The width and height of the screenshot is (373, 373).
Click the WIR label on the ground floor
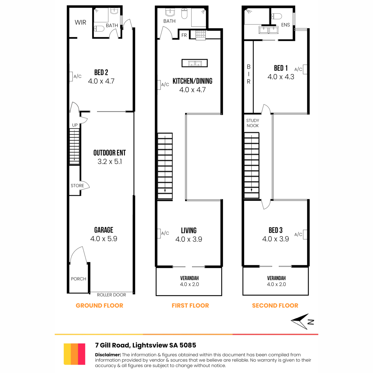(80, 22)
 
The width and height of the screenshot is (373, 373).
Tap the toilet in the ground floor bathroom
(99, 29)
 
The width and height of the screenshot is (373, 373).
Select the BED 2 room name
(101, 72)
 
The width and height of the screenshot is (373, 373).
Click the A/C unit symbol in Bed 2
(71, 76)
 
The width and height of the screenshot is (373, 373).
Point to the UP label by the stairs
(75, 125)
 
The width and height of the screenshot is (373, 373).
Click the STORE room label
(77, 186)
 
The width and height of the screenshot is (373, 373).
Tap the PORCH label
(78, 279)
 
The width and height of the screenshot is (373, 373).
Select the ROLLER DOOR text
(111, 295)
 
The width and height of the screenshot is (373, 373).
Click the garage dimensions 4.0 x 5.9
(104, 239)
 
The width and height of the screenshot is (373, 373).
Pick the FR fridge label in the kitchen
(184, 35)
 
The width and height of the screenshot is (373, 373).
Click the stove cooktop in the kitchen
(201, 35)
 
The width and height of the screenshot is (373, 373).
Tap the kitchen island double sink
(195, 63)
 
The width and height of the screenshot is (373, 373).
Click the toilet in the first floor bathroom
(184, 13)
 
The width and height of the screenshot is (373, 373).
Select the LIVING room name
(189, 231)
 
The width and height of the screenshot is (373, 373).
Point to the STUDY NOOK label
(253, 123)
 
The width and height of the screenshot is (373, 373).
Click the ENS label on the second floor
(286, 25)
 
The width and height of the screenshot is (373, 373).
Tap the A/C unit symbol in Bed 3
(305, 234)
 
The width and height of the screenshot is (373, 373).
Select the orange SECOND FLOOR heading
(275, 306)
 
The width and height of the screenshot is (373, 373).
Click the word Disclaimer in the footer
(108, 355)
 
